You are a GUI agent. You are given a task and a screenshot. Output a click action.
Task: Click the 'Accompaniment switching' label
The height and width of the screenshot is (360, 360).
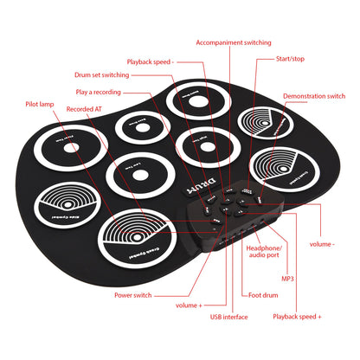click(233, 42)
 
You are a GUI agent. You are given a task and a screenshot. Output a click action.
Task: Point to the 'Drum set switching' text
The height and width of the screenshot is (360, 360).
click(101, 75)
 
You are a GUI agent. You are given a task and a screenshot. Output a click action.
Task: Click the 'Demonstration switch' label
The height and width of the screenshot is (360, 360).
click(313, 96)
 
